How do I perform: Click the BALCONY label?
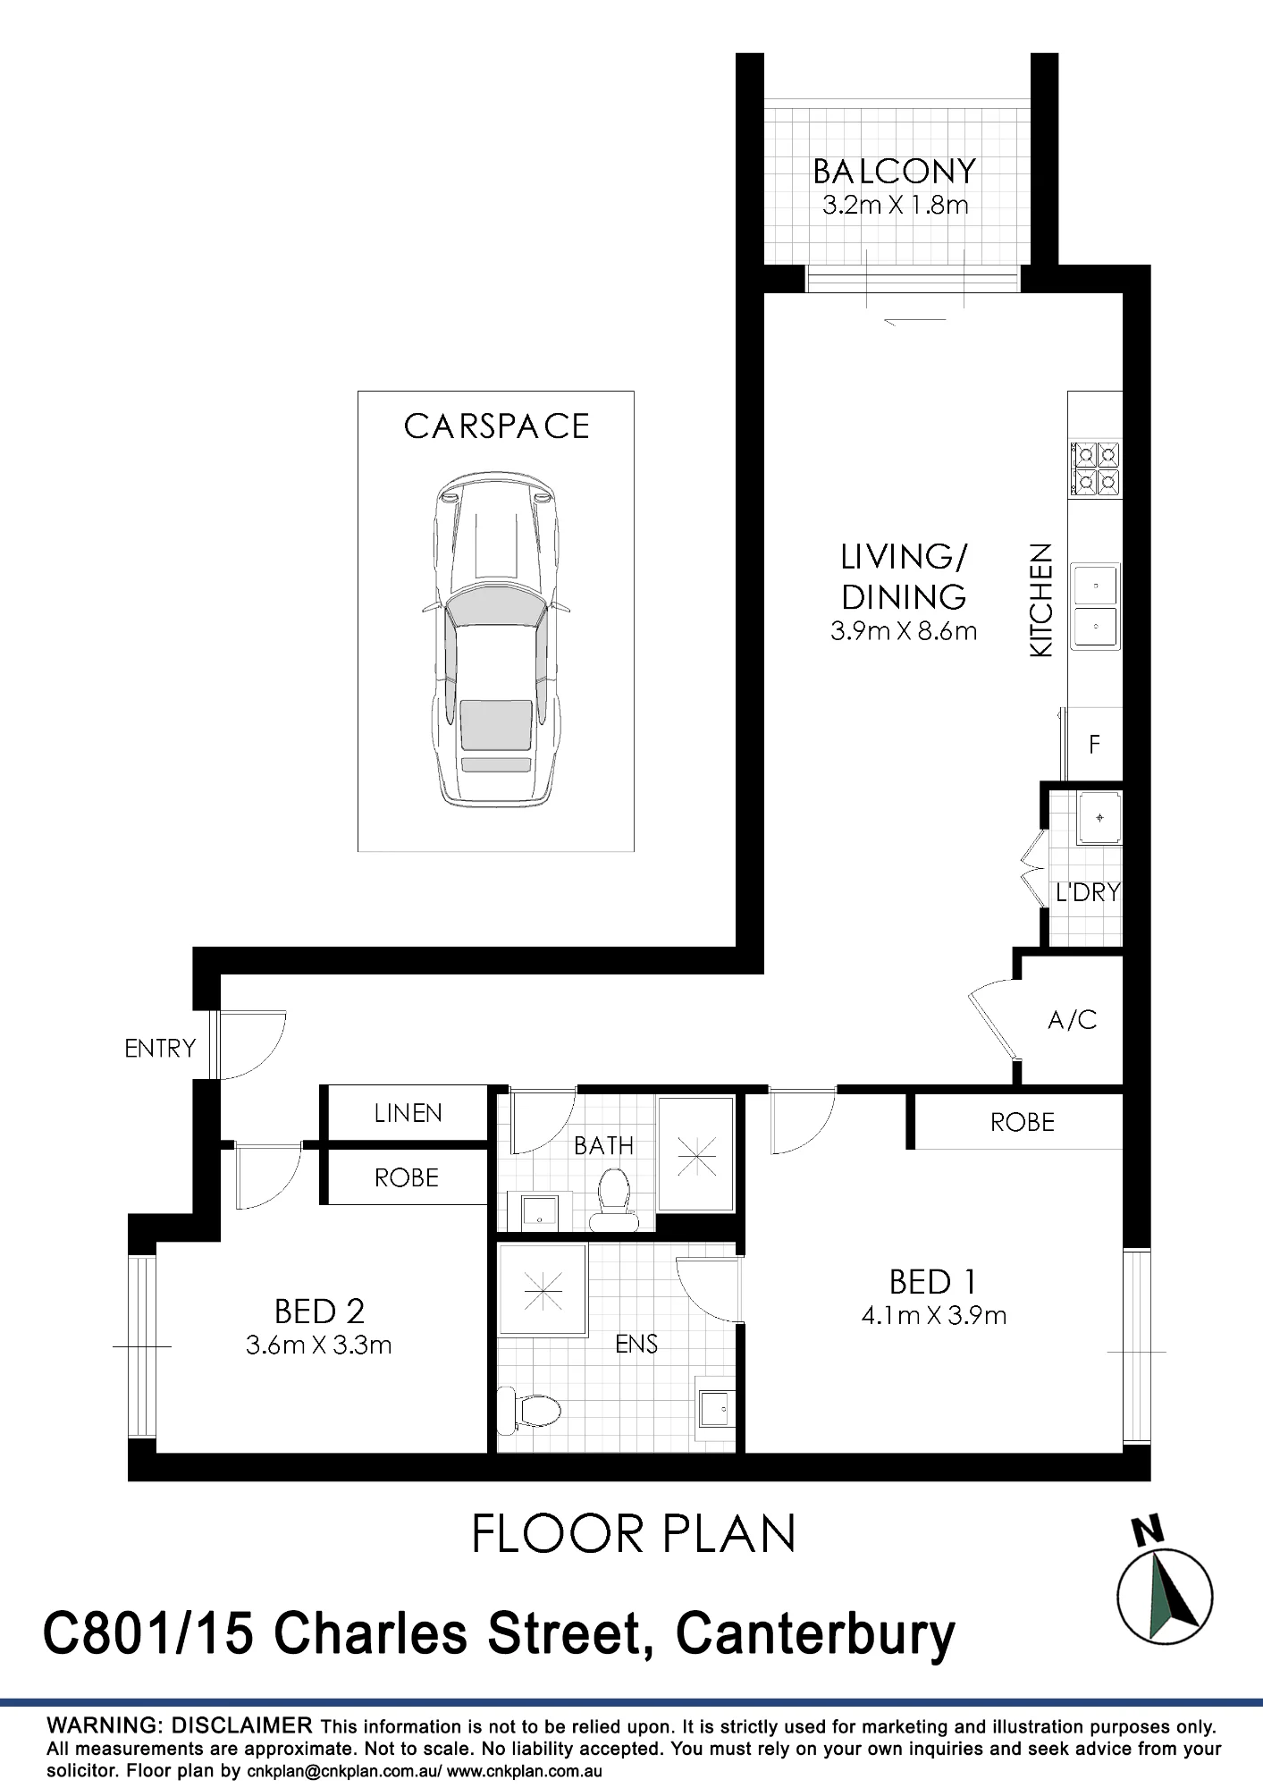(x=895, y=170)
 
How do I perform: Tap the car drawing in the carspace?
(x=496, y=640)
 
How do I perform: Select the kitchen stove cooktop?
(x=1096, y=468)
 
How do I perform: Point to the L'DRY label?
(x=1087, y=892)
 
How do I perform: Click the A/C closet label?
(x=1072, y=1019)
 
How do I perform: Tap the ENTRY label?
(x=160, y=1048)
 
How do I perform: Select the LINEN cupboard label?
(x=408, y=1112)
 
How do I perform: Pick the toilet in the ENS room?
(x=529, y=1412)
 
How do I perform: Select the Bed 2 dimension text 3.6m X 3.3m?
(x=319, y=1345)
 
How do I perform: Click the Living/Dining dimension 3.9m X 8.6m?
(x=904, y=631)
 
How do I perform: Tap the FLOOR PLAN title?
(x=633, y=1534)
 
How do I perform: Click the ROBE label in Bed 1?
(x=1023, y=1121)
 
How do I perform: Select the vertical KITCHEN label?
(x=1041, y=601)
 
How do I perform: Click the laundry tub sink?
(x=1099, y=816)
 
